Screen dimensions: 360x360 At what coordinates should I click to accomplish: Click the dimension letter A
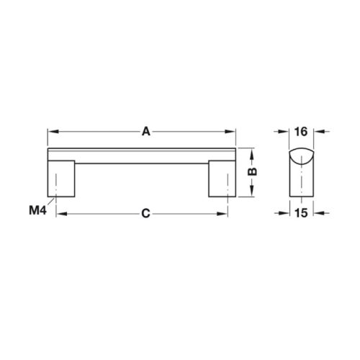145,132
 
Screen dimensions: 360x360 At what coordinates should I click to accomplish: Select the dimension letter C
145,213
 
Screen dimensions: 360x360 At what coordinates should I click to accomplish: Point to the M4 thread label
37,210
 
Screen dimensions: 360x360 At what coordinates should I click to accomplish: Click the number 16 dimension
301,132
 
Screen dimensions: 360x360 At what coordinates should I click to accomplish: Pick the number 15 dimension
301,213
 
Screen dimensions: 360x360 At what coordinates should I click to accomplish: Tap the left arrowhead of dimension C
60,214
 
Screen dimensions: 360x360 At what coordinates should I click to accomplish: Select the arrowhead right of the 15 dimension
318,214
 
